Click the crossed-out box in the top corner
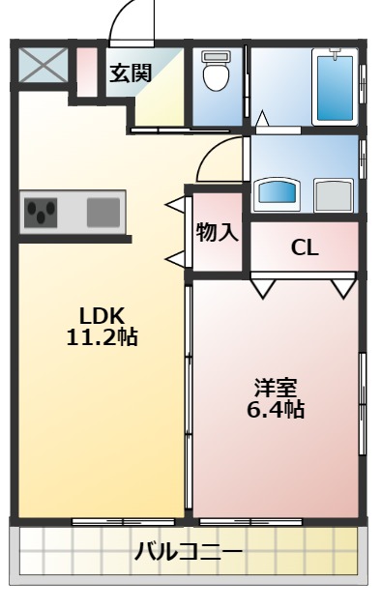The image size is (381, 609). click(x=42, y=68)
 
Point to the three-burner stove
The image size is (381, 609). click(x=42, y=212)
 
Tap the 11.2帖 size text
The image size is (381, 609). click(x=102, y=338)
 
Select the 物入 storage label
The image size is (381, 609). click(x=217, y=233)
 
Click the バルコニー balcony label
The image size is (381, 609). click(x=189, y=552)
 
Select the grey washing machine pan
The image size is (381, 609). click(x=334, y=194)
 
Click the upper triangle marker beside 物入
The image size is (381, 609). click(x=176, y=205)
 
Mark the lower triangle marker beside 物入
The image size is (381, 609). click(x=176, y=258)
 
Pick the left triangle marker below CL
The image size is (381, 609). click(x=263, y=288)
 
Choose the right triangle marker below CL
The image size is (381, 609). click(x=342, y=288)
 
